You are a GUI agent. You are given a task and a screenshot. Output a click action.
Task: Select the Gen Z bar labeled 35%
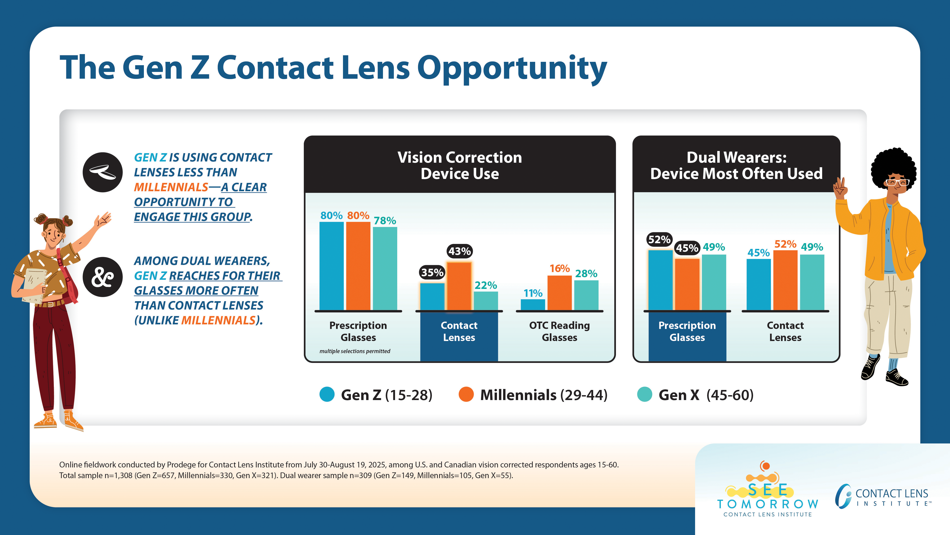[x=432, y=296]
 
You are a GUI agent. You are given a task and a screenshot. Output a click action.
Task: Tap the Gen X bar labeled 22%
[x=486, y=301]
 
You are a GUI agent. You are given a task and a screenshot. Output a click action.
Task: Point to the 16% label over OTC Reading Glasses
[x=560, y=268]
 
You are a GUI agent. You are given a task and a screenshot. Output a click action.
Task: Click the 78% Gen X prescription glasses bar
[x=385, y=268]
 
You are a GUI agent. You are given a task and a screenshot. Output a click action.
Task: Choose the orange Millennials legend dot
[x=466, y=394]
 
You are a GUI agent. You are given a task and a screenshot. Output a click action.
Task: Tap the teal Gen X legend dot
[x=645, y=394]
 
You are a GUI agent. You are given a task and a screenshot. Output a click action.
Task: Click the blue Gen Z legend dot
[x=327, y=394]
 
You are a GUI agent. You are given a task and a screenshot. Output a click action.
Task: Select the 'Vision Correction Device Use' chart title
[x=460, y=165]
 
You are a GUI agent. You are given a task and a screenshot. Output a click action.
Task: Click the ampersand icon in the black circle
[x=103, y=277]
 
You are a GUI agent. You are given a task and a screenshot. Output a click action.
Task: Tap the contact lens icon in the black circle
[x=103, y=172]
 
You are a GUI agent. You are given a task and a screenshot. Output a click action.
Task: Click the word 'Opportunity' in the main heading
[x=512, y=68]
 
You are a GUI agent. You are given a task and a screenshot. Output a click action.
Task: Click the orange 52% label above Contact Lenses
[x=785, y=244]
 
